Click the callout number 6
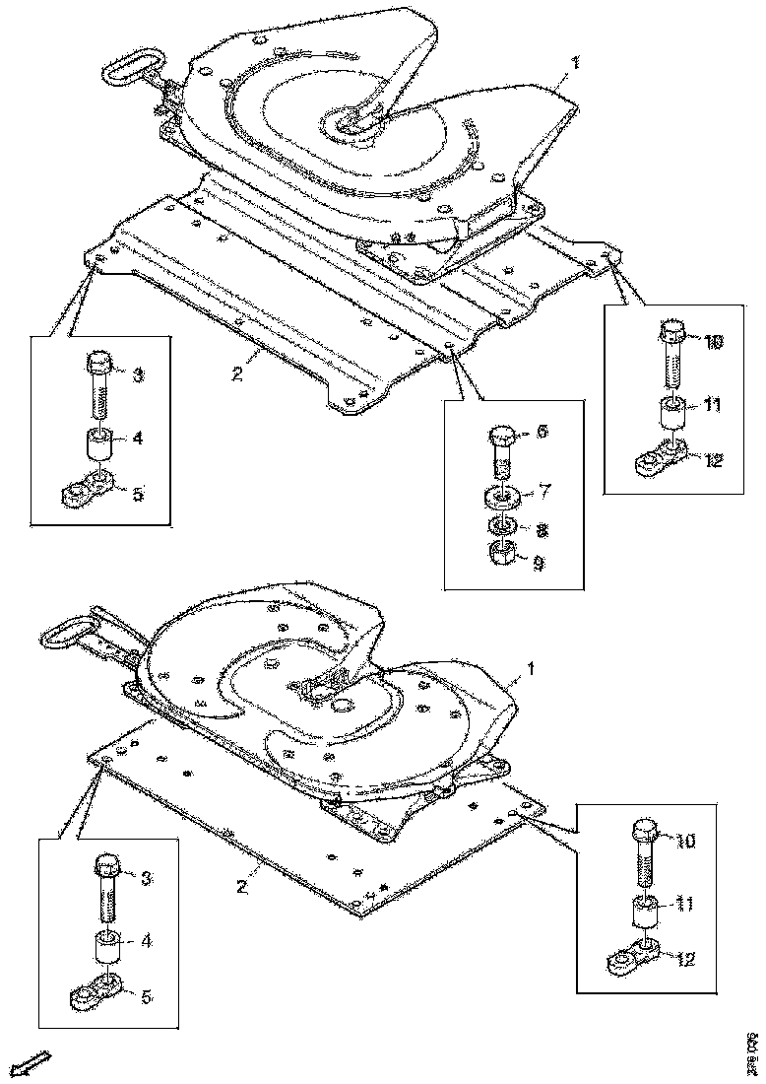click(543, 433)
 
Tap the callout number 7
click(543, 490)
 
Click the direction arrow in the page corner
click(33, 1062)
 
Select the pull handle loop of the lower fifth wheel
click(67, 631)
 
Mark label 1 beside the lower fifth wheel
click(532, 669)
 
